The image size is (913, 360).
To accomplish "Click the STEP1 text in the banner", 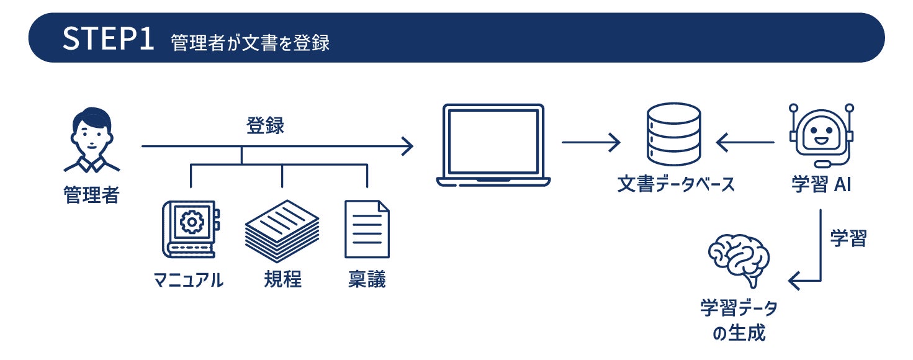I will point(108,38).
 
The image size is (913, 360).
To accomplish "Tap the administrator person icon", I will point(91,140).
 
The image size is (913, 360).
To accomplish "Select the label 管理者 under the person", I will point(91,195).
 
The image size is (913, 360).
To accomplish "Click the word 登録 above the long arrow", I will point(265,126).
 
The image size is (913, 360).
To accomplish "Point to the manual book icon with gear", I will point(188,229).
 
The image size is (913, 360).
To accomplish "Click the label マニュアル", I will point(188,280).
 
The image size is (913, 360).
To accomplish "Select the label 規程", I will point(282,279).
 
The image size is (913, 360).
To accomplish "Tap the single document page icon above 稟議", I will point(367,229).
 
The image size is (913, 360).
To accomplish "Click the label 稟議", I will point(367,279).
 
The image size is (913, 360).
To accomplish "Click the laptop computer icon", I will point(493,145).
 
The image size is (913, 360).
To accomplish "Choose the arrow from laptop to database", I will point(591,143).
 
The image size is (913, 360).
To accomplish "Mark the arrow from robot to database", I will point(745,143).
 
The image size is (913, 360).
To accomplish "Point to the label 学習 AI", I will point(821,184).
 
